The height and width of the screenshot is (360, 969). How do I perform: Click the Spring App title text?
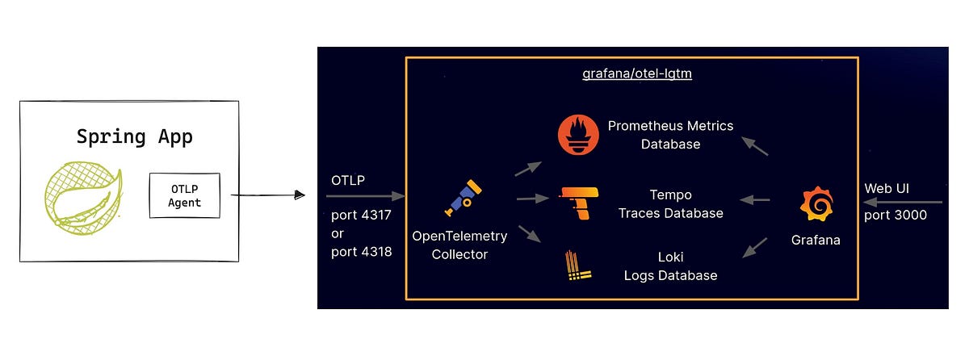click(135, 136)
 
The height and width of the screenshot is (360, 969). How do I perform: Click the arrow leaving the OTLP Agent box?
click(267, 195)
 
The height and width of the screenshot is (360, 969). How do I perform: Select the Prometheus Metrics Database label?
click(670, 135)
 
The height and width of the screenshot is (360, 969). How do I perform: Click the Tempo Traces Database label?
click(670, 203)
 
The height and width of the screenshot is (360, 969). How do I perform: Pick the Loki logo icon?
click(579, 266)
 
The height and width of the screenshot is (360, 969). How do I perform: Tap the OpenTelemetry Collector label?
click(459, 245)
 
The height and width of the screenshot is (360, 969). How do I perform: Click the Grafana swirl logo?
click(816, 203)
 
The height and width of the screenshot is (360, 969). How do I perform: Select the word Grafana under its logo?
click(816, 240)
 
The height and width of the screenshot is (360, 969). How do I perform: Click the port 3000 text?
click(895, 216)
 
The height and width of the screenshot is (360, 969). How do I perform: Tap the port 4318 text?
click(361, 251)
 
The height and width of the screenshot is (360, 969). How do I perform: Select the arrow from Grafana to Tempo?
click(755, 199)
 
